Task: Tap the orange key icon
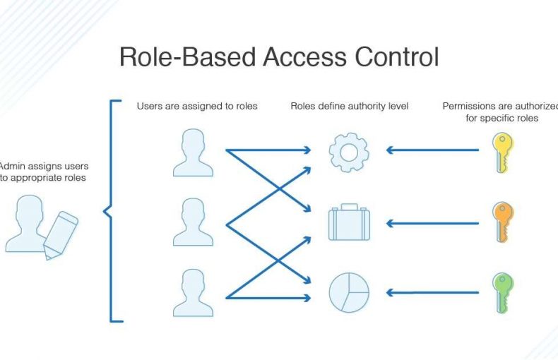[502, 222]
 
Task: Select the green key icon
[502, 292]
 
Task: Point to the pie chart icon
[348, 292]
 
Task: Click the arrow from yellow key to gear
[432, 150]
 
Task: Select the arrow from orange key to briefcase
[432, 224]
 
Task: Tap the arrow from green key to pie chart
[432, 292]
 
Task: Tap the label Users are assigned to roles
[197, 107]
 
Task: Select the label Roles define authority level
[350, 107]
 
